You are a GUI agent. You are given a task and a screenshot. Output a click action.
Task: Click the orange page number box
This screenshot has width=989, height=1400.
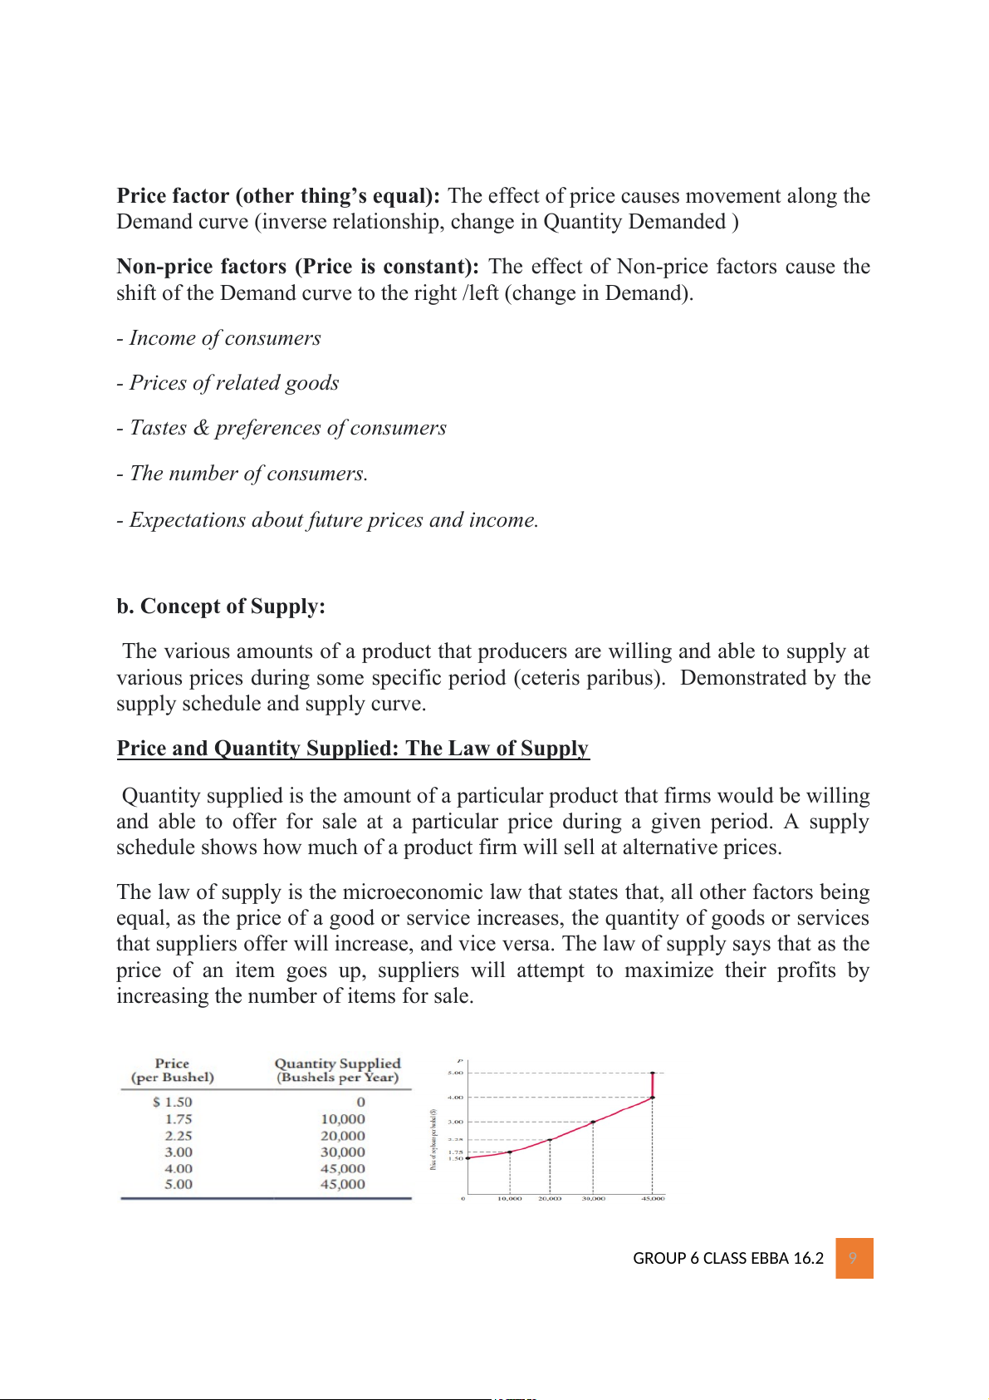(854, 1258)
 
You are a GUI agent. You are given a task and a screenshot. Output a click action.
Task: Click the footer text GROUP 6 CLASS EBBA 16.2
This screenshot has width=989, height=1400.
(727, 1258)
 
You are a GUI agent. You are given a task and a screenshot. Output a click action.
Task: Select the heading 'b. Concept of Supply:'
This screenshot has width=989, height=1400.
(221, 607)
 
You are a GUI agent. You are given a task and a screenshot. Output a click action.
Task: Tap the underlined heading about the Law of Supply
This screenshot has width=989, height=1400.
(352, 749)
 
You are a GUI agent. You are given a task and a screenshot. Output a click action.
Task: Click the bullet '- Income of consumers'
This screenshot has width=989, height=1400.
(218, 338)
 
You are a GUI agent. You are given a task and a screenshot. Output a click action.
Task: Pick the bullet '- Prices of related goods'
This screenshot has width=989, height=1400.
(228, 383)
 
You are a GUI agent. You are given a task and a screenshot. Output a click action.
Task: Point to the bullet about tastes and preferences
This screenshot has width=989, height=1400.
(282, 428)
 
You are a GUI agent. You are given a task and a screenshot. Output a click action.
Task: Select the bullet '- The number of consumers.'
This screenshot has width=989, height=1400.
(242, 474)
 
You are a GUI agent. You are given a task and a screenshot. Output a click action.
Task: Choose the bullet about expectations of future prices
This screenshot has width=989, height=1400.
(327, 520)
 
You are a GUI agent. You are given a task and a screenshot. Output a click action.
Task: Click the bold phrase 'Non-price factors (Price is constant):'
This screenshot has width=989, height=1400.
(297, 267)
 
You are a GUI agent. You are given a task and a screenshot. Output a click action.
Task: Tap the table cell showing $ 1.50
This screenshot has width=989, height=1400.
(173, 1102)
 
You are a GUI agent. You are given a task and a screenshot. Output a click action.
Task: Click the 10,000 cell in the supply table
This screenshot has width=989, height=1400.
(343, 1119)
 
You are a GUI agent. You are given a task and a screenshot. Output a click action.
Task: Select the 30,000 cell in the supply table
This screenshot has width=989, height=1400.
(343, 1152)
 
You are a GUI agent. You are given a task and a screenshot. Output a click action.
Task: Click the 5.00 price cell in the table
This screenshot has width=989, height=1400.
(179, 1184)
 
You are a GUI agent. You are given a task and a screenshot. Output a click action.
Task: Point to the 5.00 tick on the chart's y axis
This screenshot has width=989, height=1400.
(455, 1073)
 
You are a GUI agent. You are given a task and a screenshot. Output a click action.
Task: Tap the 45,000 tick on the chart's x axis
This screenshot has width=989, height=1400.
(653, 1198)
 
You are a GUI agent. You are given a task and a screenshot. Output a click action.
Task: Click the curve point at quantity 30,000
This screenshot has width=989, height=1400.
(593, 1122)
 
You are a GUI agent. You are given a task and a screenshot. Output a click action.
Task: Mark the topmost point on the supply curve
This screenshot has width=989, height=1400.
(653, 1073)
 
